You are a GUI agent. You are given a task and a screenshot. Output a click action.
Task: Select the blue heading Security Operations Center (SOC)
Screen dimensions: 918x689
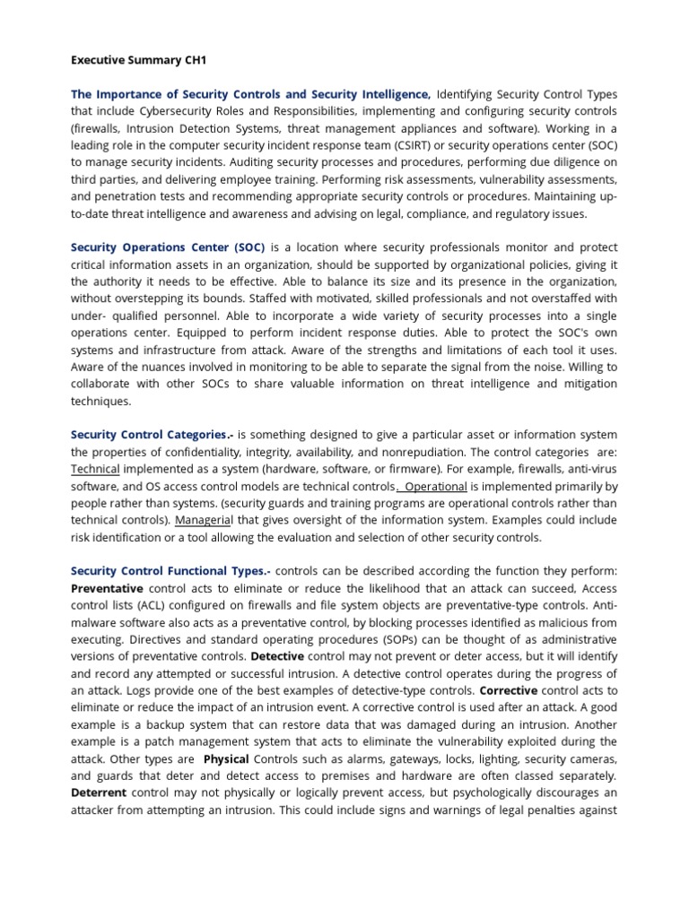click(168, 247)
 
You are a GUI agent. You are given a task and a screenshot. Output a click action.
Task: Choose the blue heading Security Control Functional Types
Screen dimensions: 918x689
click(170, 571)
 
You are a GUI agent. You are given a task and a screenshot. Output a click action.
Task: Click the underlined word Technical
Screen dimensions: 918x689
click(95, 469)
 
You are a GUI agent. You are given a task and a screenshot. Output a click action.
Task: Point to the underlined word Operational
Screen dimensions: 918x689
click(437, 486)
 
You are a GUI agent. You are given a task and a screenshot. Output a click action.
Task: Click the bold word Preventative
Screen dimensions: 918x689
click(107, 588)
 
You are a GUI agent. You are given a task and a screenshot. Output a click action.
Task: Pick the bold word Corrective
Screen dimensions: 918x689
click(509, 690)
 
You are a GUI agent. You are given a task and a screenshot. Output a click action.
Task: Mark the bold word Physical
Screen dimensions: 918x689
click(226, 758)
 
